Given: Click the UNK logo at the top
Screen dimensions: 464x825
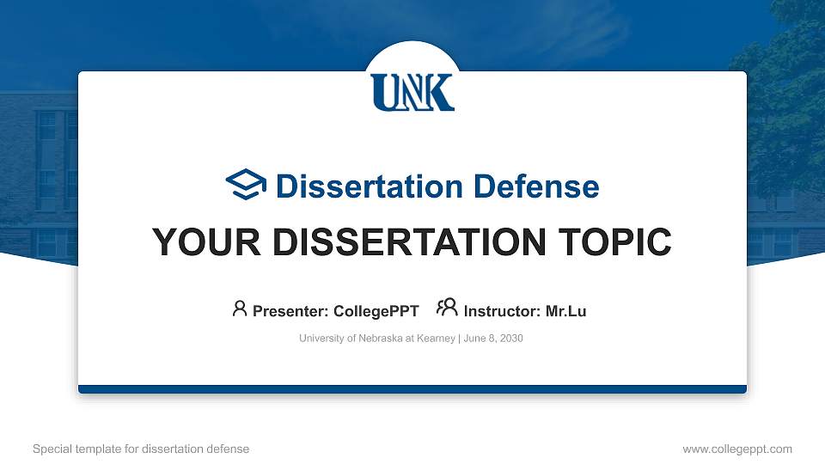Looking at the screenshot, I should pos(412,92).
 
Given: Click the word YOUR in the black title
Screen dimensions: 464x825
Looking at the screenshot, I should pos(192,242).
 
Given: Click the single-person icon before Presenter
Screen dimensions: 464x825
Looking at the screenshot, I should pos(240,309).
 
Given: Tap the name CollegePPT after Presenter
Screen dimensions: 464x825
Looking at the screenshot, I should pos(377,311).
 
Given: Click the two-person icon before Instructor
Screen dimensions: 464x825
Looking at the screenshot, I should pos(447,309).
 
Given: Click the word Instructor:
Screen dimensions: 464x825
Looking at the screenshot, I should pos(502,311).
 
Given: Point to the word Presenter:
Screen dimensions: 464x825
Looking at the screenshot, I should pos(290,311).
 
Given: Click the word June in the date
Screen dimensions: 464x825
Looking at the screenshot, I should pos(474,339).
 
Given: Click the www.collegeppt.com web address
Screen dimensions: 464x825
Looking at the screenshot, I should pos(737,449).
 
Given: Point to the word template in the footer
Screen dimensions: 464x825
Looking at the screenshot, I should pos(94,449).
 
